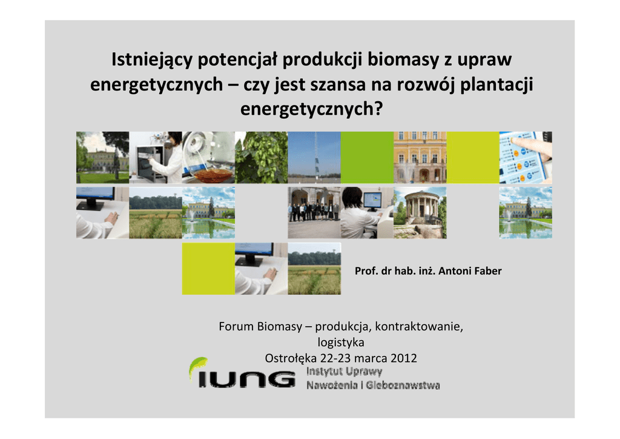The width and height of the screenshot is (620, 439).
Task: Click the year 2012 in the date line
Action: click(403, 358)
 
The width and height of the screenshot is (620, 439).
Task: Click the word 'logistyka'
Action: click(341, 343)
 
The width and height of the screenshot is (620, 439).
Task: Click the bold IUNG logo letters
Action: click(246, 379)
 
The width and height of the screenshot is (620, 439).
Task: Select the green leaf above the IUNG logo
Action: click(198, 365)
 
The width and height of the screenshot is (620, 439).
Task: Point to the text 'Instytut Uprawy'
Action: click(344, 371)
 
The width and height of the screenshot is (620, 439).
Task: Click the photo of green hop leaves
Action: click(262, 158)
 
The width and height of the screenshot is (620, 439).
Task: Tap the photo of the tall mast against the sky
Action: click(314, 158)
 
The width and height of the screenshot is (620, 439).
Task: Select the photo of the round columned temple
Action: click(420, 213)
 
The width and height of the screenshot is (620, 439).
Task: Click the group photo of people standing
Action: click(314, 213)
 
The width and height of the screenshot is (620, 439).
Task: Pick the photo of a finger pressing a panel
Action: click(526, 158)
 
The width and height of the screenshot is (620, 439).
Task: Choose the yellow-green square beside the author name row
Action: click(208, 269)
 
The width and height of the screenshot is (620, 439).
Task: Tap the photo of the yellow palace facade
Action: click(420, 158)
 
